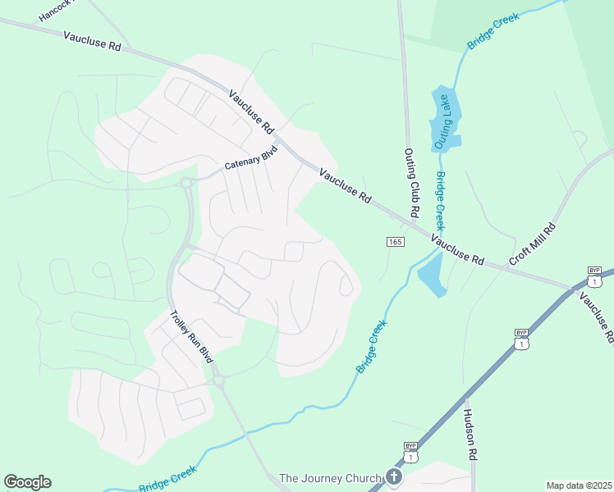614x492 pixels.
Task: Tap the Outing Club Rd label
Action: coord(411,182)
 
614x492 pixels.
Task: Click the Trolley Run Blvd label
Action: coord(191,337)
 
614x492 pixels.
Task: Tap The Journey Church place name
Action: coord(331,478)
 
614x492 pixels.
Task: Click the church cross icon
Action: coord(393,477)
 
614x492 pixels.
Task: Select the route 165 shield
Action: coord(395,241)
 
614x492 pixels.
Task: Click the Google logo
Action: coord(27,482)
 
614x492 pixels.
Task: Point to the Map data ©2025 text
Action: coord(579,485)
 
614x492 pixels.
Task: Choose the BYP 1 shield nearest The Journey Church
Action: coord(410,452)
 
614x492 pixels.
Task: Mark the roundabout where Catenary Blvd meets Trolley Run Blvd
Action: coord(187,182)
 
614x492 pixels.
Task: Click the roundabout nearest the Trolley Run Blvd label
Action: coord(218,380)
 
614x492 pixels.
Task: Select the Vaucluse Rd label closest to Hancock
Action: coord(92,41)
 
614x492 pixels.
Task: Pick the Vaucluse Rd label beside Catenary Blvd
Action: coord(251,112)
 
